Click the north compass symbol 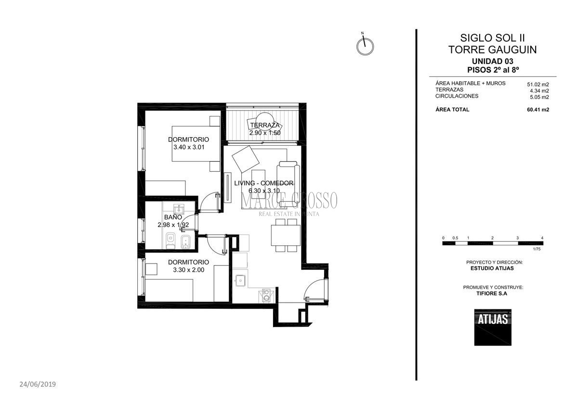coord(365,46)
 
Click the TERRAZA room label coord(264,126)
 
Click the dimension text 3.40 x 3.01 coord(189,147)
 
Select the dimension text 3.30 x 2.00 coord(188,270)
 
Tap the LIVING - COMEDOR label coord(263,183)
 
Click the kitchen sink coord(240,280)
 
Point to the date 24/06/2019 coord(38,384)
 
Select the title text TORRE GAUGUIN coord(492,50)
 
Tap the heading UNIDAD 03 coord(492,61)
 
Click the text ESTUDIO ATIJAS coord(492,268)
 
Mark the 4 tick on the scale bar coord(542,238)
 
